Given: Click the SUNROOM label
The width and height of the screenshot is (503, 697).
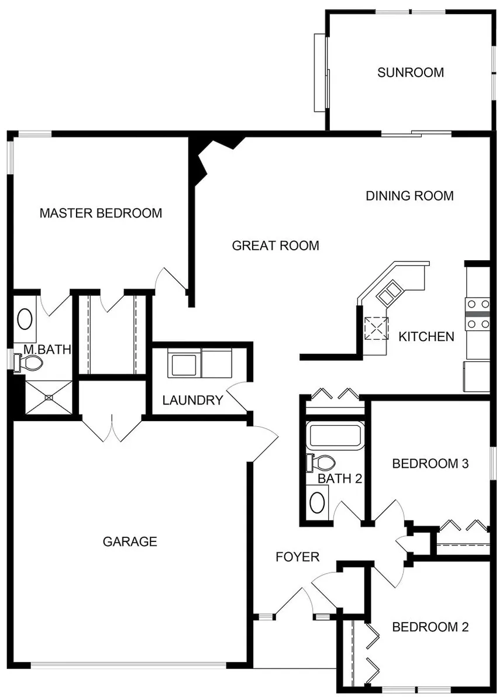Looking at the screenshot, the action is [x=411, y=73].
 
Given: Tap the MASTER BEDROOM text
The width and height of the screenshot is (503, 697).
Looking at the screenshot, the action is [x=101, y=213].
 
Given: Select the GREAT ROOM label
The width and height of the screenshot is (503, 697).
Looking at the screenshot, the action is [x=275, y=246].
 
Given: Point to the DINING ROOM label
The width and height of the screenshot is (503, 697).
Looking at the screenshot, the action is [x=409, y=195].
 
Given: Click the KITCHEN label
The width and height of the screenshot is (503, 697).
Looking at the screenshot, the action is [x=426, y=336].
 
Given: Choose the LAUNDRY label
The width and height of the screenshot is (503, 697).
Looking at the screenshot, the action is [x=192, y=400].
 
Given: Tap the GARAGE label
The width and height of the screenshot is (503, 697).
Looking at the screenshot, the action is [x=130, y=541].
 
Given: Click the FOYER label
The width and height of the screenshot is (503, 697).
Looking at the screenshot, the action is [x=298, y=557].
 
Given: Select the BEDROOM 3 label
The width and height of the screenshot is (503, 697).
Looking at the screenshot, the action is [x=430, y=464].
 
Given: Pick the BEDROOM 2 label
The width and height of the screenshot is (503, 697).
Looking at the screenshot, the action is [x=430, y=627].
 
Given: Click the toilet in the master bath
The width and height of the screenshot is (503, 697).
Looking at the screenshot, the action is [x=28, y=363].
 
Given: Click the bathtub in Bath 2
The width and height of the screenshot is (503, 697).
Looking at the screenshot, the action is [x=335, y=436].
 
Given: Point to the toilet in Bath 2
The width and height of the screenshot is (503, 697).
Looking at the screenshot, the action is [x=321, y=463].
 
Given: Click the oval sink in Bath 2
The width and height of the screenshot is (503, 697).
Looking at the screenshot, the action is [x=317, y=503].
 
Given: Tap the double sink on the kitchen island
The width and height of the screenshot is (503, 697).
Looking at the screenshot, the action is [x=390, y=292].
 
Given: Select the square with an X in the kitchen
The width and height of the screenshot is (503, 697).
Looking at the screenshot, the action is [x=376, y=329].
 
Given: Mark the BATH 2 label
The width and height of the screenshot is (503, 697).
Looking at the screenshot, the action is [x=340, y=479].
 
